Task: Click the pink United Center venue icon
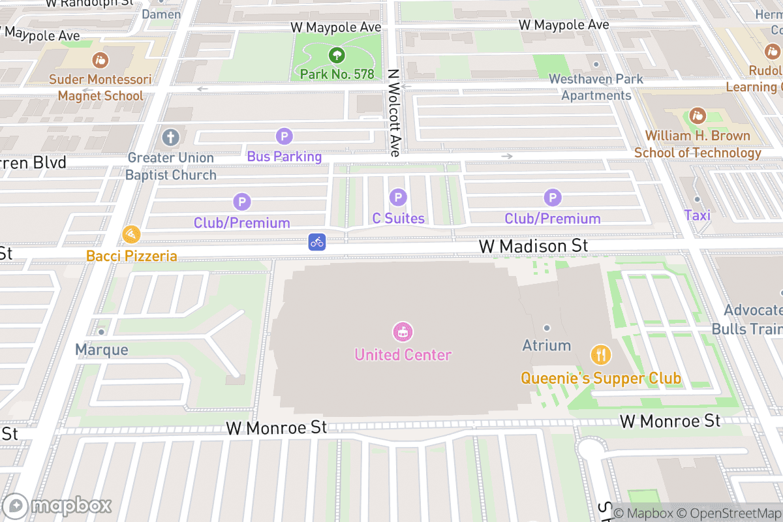click(x=403, y=331)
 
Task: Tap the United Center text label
click(x=403, y=355)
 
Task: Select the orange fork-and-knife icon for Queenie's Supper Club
click(x=600, y=355)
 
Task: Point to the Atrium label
click(x=547, y=345)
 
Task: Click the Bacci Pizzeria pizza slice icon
click(x=131, y=234)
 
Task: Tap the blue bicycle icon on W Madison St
click(x=317, y=242)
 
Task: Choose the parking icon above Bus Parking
click(x=284, y=136)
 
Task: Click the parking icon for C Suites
click(x=398, y=197)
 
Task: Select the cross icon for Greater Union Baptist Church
click(x=170, y=138)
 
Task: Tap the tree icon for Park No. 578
click(x=337, y=55)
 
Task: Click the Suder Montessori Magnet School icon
click(x=100, y=60)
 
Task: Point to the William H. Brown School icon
click(x=698, y=116)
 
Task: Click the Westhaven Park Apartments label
click(x=596, y=87)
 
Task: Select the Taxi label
click(x=697, y=215)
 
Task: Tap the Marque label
click(x=101, y=350)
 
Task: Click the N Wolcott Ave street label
click(x=393, y=113)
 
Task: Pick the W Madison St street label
click(x=533, y=246)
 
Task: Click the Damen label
click(x=161, y=14)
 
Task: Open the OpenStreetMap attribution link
click(x=728, y=514)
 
